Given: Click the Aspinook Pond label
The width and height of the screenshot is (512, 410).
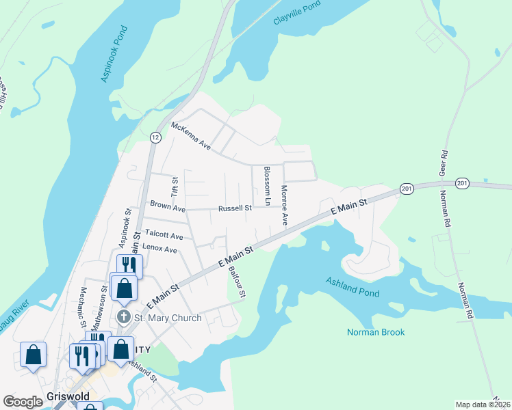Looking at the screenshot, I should coord(114,55).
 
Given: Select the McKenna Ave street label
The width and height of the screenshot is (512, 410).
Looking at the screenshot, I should coord(191,135).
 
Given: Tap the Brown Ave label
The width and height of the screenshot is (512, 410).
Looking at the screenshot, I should coord(168,206).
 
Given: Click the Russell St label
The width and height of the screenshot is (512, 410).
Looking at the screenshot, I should coord(235,208).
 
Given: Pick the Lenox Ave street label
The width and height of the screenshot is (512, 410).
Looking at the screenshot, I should coord(159,250).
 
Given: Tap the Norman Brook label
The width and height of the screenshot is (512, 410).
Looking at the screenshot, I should coord(376,333).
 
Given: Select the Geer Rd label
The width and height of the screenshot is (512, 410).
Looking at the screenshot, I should coord(444,162).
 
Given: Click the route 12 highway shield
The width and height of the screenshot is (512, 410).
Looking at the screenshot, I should coord(155,137).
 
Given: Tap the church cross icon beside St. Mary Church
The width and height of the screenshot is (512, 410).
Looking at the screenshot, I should coord(124,317).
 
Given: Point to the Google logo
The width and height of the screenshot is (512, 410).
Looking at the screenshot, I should coord(23,402).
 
